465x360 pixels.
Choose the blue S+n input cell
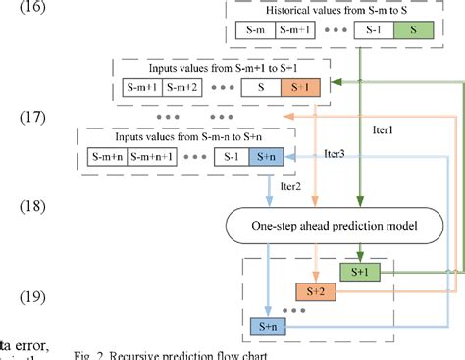pos(261,155)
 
